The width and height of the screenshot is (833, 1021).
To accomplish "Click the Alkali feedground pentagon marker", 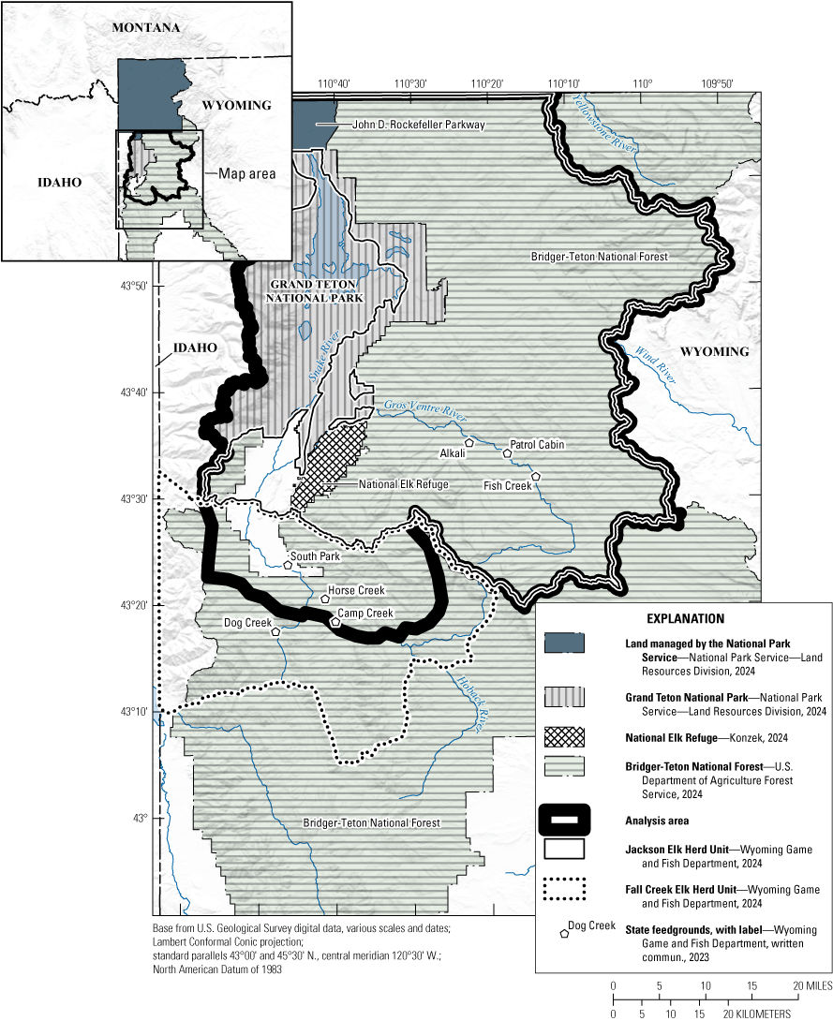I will (469, 442).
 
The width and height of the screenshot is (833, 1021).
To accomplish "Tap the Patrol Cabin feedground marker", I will (507, 453).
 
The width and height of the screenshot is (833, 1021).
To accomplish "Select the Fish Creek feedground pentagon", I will (536, 477).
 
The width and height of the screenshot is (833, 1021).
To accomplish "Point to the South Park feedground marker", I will (289, 564).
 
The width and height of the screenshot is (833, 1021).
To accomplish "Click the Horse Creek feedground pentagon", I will (325, 599).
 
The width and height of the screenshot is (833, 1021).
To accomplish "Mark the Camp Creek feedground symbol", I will (335, 621).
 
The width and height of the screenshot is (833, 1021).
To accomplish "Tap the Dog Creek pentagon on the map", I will (275, 631).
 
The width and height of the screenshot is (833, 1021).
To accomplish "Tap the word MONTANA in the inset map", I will (145, 28).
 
